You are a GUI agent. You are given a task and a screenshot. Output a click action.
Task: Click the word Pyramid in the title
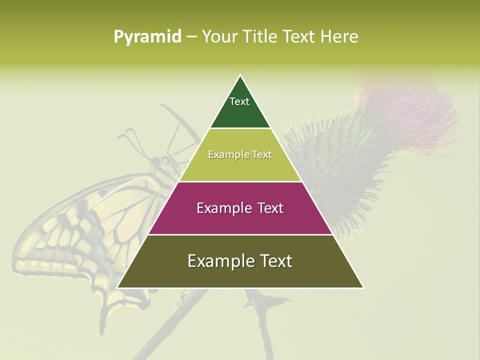(x=147, y=36)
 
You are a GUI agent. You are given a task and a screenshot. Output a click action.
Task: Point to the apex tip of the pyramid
(x=240, y=76)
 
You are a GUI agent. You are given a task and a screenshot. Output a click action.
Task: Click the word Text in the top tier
(x=239, y=101)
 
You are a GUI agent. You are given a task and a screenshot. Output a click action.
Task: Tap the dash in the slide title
(x=191, y=36)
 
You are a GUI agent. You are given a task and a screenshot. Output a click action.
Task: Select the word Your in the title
(x=218, y=36)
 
